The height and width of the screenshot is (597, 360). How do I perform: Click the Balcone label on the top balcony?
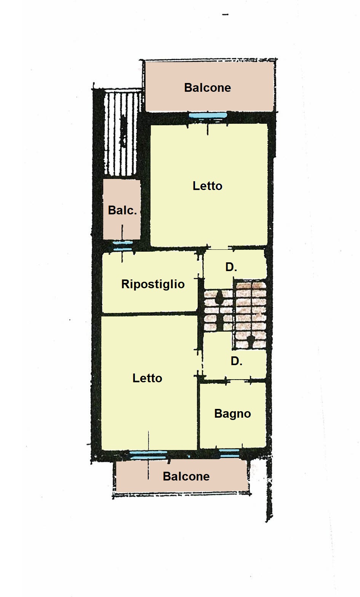point(207,88)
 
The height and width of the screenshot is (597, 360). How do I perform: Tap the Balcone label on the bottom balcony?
point(186,476)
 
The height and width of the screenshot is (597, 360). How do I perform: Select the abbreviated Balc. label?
point(122,210)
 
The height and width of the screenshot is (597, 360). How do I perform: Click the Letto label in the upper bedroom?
point(207,186)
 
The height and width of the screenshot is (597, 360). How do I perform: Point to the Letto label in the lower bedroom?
point(147,378)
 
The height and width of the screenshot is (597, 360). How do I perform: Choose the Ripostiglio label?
point(153,284)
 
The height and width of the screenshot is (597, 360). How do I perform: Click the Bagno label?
point(232,413)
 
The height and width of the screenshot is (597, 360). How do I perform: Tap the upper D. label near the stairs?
point(231,267)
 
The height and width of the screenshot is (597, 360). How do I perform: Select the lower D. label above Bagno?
point(236,361)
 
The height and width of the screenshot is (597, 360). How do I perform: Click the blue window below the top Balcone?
point(208,115)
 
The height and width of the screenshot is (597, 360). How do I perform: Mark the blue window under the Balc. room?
point(123,246)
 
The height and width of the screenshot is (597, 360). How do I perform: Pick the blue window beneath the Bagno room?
point(229,453)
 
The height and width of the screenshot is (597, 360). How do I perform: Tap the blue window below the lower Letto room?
point(148,455)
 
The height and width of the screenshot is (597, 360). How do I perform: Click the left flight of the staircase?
point(217,310)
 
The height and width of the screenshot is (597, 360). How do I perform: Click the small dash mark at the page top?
point(225,15)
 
